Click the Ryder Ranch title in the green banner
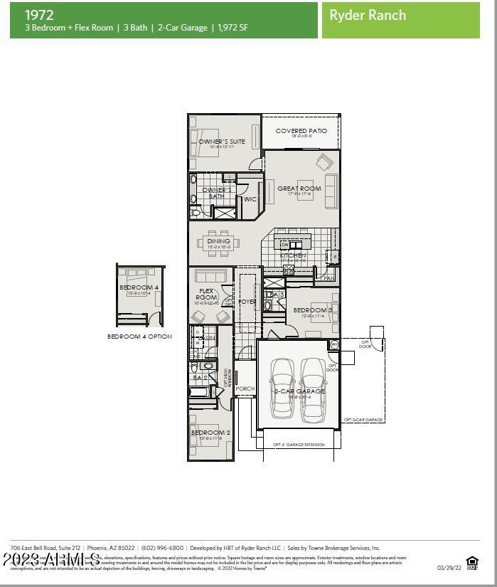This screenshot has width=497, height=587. click(368, 15)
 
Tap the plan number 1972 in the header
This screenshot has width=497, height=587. click(38, 14)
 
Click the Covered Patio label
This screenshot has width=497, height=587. click(301, 132)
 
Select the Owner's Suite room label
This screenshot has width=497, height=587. click(222, 142)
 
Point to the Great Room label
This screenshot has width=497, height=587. click(299, 189)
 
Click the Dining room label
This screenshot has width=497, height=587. click(219, 242)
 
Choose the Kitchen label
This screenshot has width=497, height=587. click(293, 255)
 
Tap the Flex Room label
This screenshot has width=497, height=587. click(207, 294)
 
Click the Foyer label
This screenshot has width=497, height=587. click(247, 302)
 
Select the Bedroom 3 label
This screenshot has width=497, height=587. click(312, 310)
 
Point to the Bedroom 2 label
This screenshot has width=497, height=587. click(210, 433)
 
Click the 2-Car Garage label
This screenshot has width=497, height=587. click(299, 391)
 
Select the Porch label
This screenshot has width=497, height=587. click(245, 389)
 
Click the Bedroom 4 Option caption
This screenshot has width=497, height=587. click(139, 337)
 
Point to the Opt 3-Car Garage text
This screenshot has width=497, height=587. click(363, 420)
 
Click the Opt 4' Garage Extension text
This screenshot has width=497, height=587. click(299, 445)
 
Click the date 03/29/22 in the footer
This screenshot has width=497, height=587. click(449, 568)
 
